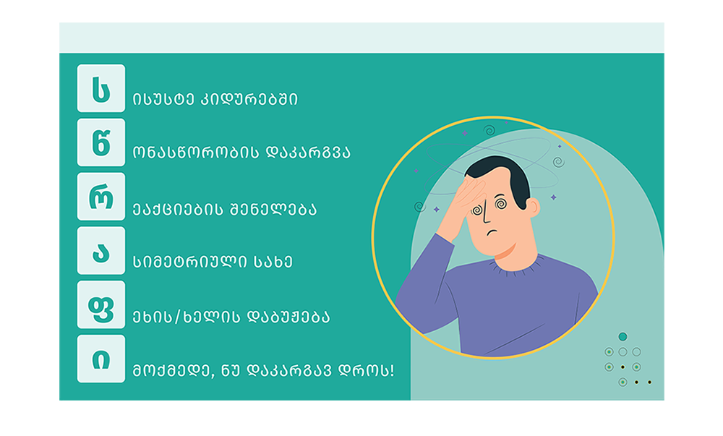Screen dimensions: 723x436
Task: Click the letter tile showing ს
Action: (x=101, y=88)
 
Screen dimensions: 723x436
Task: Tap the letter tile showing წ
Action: (x=101, y=142)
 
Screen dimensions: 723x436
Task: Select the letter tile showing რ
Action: (x=101, y=197)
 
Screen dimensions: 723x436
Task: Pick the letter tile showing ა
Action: (x=101, y=251)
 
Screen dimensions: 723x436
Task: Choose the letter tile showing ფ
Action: (x=101, y=304)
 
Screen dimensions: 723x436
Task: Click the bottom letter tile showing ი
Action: (x=101, y=359)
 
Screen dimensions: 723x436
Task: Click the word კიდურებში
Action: (x=249, y=99)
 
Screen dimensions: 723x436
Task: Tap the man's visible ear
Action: (x=533, y=208)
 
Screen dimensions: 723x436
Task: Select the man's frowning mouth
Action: (x=493, y=232)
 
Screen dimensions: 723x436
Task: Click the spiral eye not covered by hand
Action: (x=501, y=203)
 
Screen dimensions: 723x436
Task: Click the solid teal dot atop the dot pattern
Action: (x=623, y=336)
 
